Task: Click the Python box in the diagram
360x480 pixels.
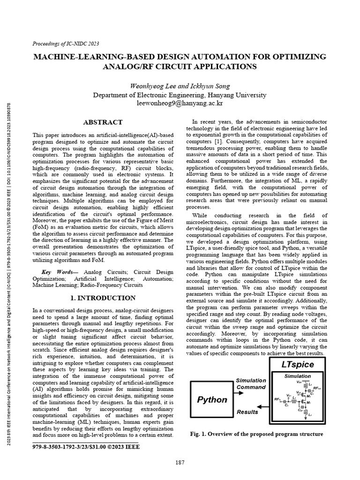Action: click(x=212, y=400)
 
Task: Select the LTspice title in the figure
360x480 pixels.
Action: click(x=298, y=364)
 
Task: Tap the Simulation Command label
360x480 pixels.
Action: click(x=251, y=384)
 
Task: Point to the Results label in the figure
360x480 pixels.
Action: click(x=247, y=412)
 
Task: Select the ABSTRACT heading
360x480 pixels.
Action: click(x=103, y=122)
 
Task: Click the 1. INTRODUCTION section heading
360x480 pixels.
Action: click(x=103, y=298)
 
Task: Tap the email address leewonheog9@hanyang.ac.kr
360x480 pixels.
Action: click(x=180, y=102)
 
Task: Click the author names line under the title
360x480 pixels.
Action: click(x=180, y=86)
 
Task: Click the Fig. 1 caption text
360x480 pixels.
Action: click(x=256, y=434)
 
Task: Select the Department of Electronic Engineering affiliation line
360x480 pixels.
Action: click(x=180, y=94)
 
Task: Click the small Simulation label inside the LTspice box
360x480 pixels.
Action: click(x=297, y=376)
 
